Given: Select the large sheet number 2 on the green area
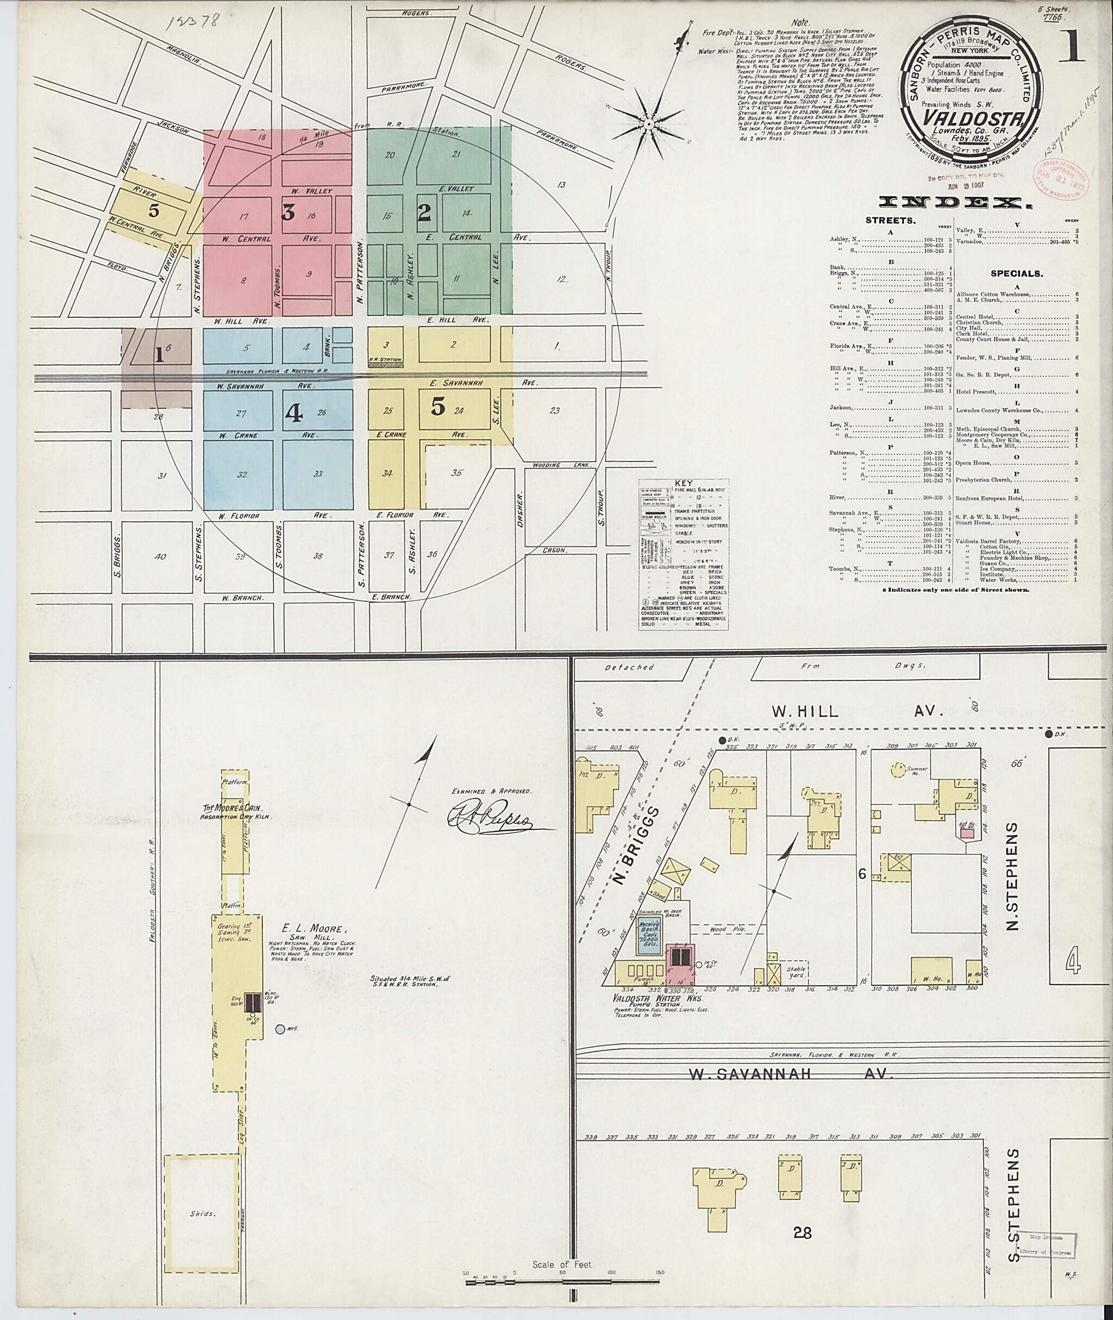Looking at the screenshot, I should [x=424, y=212].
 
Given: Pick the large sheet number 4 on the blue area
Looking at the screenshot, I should [x=293, y=411].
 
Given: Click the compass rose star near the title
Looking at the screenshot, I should [x=648, y=125].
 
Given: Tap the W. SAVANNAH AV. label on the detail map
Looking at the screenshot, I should [x=790, y=1074].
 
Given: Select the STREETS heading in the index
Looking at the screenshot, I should [x=890, y=221].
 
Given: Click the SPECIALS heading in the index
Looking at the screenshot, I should [x=1016, y=274].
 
